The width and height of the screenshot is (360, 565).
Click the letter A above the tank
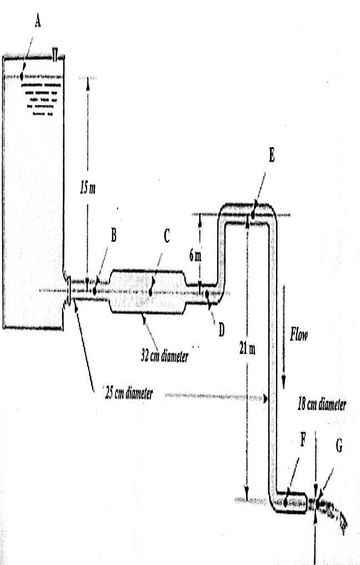click(38, 21)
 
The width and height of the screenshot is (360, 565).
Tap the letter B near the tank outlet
click(113, 236)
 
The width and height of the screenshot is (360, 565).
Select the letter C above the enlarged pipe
click(166, 236)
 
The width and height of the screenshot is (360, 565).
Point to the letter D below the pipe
click(221, 329)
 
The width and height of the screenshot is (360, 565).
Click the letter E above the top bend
click(271, 156)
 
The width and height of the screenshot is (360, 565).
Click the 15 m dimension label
click(87, 188)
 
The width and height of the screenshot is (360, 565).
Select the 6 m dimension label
click(194, 256)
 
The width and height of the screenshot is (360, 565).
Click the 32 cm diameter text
click(164, 356)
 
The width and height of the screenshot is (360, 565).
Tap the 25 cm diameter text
click(128, 393)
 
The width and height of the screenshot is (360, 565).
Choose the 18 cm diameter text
click(322, 404)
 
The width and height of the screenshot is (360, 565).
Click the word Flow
click(299, 334)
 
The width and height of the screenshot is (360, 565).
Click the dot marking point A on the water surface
click(22, 76)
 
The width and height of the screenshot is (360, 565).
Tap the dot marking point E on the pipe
click(253, 213)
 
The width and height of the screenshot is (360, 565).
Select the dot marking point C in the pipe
click(151, 290)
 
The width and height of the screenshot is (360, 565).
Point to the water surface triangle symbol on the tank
click(54, 53)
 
